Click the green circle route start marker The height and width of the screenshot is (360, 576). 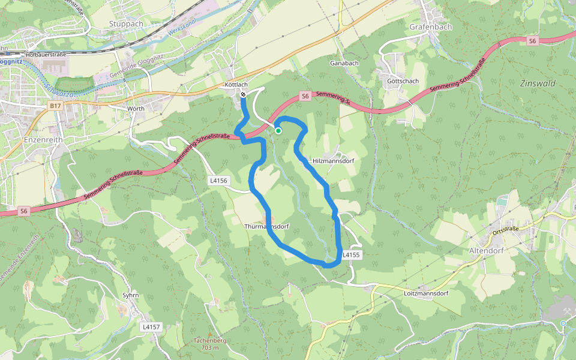278,130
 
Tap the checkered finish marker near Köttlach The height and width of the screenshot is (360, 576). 243,95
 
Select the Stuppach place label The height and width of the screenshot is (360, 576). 126,24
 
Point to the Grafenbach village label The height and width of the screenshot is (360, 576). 430,27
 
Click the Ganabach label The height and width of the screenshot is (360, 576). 344,62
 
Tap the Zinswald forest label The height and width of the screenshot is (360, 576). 538,83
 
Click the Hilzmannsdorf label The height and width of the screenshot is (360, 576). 334,161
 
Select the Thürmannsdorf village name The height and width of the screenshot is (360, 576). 267,227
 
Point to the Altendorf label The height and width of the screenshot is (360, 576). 486,250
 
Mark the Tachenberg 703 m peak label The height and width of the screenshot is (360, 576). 210,344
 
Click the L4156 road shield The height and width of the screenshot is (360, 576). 219,180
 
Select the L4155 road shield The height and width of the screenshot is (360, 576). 351,255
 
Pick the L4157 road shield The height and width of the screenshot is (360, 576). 151,327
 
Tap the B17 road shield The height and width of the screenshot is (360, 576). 55,106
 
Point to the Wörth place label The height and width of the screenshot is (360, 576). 136,108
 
